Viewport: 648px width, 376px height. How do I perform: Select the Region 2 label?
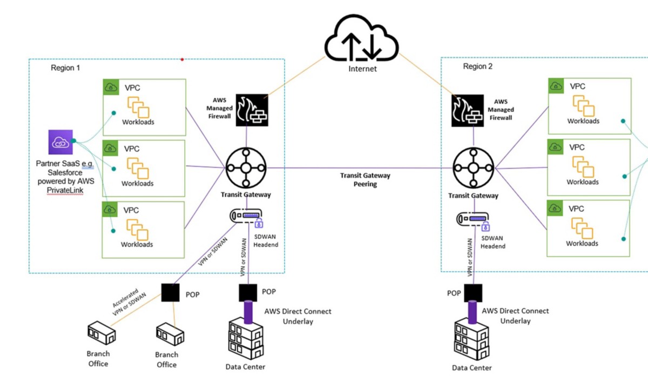point(478,66)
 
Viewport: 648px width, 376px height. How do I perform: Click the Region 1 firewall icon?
point(252,111)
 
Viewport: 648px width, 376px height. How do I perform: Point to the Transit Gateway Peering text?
point(365,179)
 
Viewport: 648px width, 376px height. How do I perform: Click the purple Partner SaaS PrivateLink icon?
point(60,142)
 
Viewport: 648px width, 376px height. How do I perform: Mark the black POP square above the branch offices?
point(170,292)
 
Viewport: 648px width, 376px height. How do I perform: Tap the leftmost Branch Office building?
point(102,334)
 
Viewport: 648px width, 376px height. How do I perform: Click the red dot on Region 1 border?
point(183,59)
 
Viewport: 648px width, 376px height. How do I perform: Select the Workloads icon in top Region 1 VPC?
point(138,106)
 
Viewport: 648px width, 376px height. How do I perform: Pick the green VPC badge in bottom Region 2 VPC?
point(555,207)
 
